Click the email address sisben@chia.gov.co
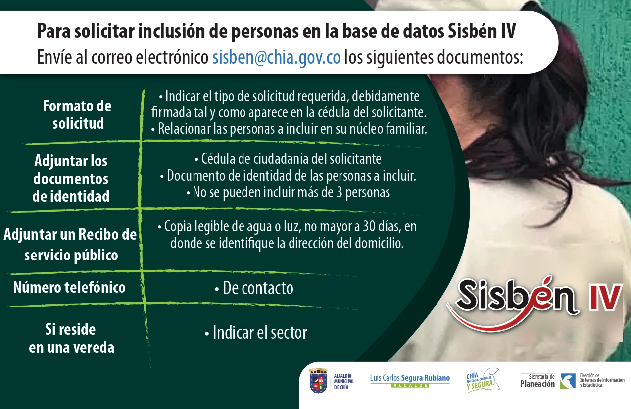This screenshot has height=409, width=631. (x=276, y=58)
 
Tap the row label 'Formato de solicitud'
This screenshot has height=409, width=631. (x=77, y=114)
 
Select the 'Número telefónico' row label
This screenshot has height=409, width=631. (x=69, y=287)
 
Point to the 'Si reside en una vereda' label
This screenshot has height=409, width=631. (x=72, y=338)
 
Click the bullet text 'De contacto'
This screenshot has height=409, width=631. (x=254, y=288)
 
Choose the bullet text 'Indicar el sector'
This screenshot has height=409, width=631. (x=256, y=333)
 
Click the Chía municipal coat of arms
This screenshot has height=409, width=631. (x=318, y=381)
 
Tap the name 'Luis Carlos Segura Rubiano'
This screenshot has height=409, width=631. (x=410, y=378)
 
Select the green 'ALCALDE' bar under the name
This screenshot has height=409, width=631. (x=410, y=386)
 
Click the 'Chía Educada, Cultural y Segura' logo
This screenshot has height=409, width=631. (x=483, y=380)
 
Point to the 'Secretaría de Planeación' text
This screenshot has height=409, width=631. (x=537, y=381)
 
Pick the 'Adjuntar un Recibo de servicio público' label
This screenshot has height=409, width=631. (x=70, y=245)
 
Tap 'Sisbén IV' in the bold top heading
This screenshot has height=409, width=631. (x=482, y=31)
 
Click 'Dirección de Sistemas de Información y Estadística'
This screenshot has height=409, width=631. (x=601, y=380)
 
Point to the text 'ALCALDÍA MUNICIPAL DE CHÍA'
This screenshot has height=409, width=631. (x=344, y=381)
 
